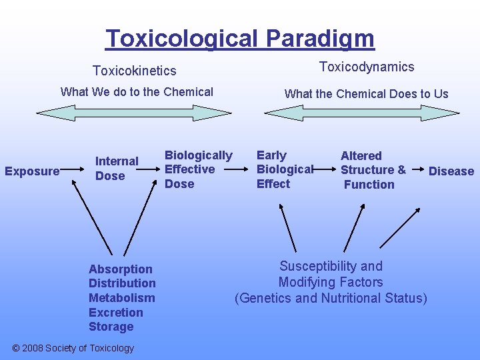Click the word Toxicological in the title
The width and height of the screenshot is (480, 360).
[x=179, y=39]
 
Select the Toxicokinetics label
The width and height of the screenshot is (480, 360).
[x=135, y=71]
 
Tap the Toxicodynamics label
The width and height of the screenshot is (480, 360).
[x=367, y=67]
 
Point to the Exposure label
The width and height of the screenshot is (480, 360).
[x=32, y=171]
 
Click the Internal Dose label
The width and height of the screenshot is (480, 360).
[x=117, y=169]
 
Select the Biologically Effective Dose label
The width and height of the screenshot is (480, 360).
[x=198, y=169]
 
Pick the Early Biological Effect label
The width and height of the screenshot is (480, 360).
[x=284, y=169]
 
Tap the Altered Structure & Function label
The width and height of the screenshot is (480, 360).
[x=373, y=170]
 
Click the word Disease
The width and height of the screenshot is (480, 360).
[x=451, y=171]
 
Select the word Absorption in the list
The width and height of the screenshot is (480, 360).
[x=121, y=269]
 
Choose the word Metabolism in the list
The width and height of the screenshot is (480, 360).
[x=121, y=298]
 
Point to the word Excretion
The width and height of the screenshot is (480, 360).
[x=116, y=313]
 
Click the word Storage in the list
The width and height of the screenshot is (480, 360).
[x=111, y=327]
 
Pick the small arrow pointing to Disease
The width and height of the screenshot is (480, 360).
[x=419, y=171]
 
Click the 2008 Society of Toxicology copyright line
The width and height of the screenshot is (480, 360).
[x=73, y=348]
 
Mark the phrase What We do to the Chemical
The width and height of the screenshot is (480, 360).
[x=137, y=92]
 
